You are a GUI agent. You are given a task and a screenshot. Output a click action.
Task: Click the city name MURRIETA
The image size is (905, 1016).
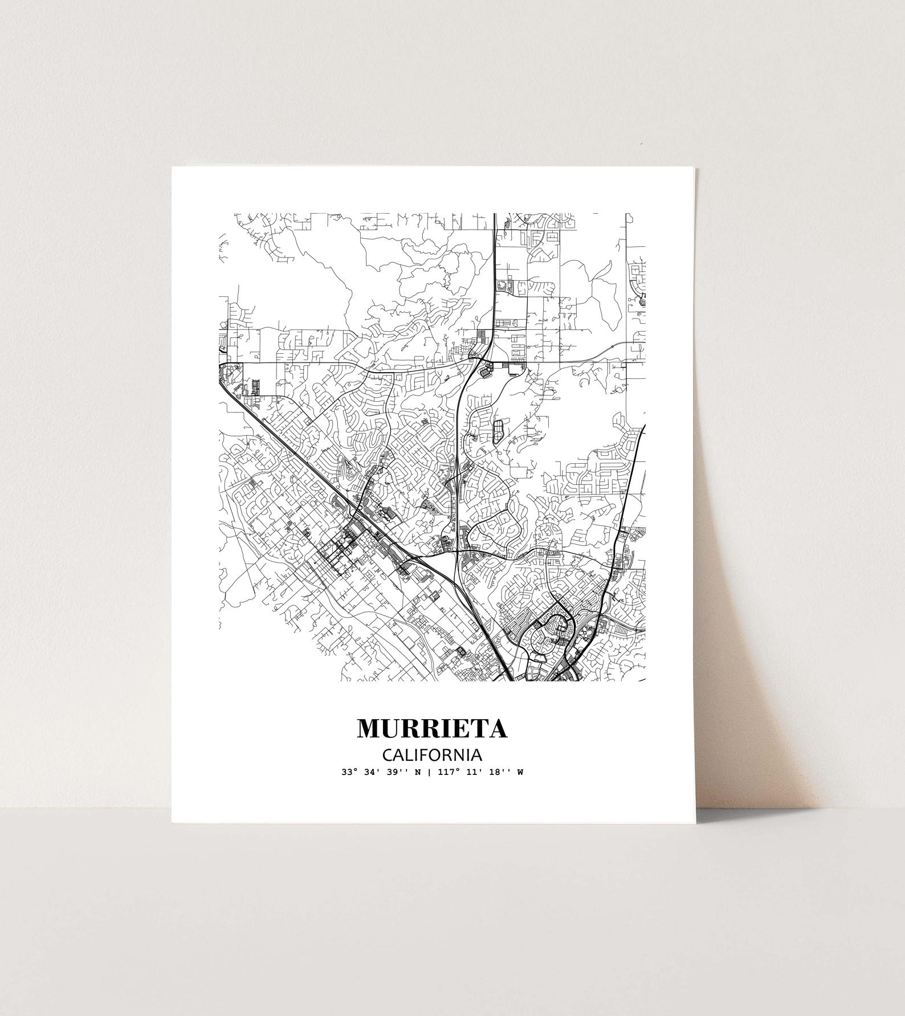[432, 729]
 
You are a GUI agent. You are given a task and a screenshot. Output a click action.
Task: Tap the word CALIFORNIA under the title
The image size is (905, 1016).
[432, 756]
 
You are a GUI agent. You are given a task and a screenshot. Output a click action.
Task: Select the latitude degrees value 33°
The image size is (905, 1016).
[349, 773]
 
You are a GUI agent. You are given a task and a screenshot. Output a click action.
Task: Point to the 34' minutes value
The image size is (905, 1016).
[370, 773]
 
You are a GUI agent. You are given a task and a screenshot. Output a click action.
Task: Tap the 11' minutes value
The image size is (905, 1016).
[471, 773]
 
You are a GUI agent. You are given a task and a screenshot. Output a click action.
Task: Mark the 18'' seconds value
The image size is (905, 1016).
[495, 773]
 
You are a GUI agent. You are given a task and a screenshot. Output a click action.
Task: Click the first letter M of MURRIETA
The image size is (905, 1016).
[368, 729]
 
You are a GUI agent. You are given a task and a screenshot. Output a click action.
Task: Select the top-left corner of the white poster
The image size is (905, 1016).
[172, 167]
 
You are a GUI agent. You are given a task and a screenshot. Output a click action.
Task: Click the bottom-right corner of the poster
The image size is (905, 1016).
[695, 822]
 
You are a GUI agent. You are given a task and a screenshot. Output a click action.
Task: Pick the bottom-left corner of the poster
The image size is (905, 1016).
[172, 822]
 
